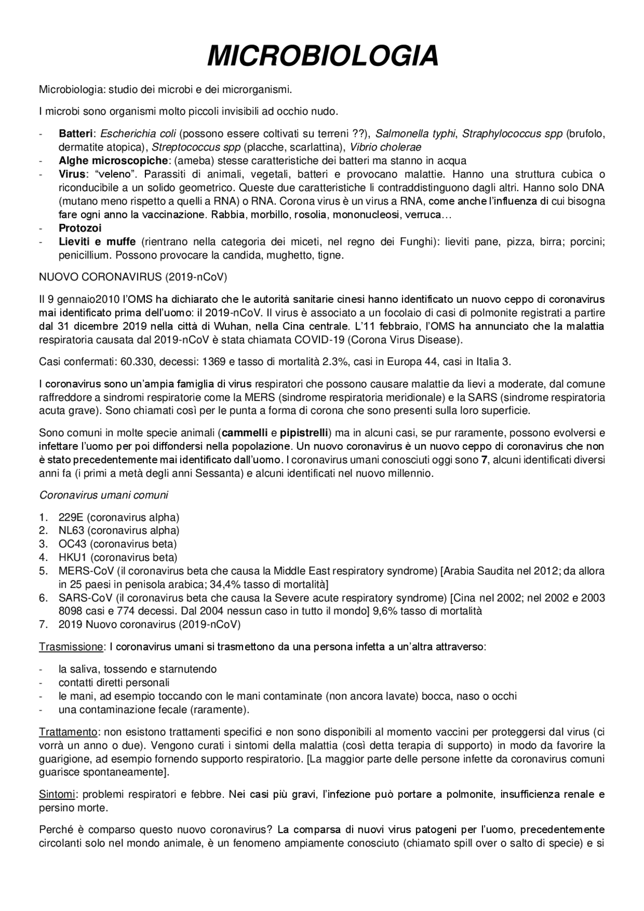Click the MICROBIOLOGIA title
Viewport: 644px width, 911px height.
coord(322,55)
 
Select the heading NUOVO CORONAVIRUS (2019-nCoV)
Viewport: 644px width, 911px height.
coord(133,277)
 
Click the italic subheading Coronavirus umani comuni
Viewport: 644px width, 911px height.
coord(104,495)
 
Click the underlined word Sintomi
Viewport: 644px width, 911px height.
coord(57,795)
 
